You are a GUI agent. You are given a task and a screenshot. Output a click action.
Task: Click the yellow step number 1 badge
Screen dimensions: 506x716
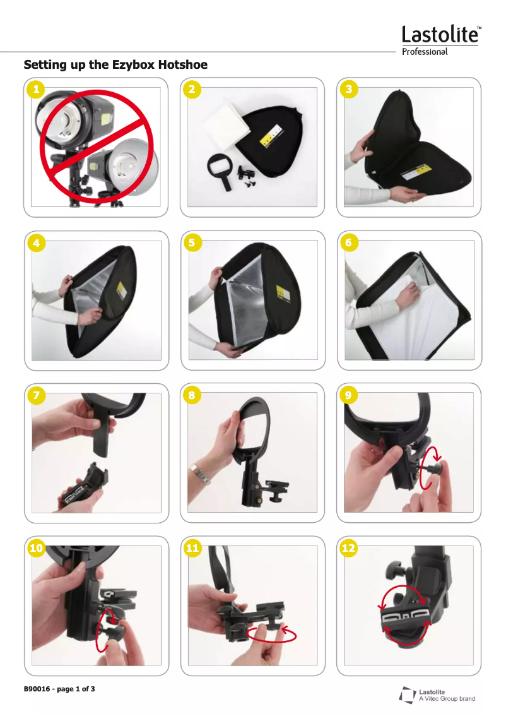pyautogui.click(x=37, y=88)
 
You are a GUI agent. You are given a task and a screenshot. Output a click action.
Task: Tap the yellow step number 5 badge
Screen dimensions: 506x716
pyautogui.click(x=192, y=242)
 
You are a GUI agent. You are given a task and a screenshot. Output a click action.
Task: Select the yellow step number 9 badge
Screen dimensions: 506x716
pyautogui.click(x=349, y=395)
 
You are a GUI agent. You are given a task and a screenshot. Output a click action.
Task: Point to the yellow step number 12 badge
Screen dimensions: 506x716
pyautogui.click(x=349, y=548)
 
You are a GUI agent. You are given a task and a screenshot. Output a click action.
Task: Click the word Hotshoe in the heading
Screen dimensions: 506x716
pyautogui.click(x=182, y=64)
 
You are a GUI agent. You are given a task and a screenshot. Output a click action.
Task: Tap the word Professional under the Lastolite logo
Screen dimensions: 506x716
pyautogui.click(x=425, y=52)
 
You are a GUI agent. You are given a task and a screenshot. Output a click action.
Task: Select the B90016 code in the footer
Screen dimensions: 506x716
pyautogui.click(x=37, y=689)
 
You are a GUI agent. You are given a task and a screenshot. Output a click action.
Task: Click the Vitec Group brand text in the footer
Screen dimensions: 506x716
pyautogui.click(x=447, y=699)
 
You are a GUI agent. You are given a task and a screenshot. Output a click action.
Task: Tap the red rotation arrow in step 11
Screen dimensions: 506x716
pyautogui.click(x=271, y=635)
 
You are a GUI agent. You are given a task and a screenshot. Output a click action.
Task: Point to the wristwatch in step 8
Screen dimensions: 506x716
pyautogui.click(x=201, y=474)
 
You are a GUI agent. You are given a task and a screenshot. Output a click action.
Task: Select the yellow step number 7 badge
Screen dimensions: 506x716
pyautogui.click(x=37, y=395)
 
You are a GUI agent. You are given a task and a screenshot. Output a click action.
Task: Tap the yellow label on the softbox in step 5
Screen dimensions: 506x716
pyautogui.click(x=283, y=293)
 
